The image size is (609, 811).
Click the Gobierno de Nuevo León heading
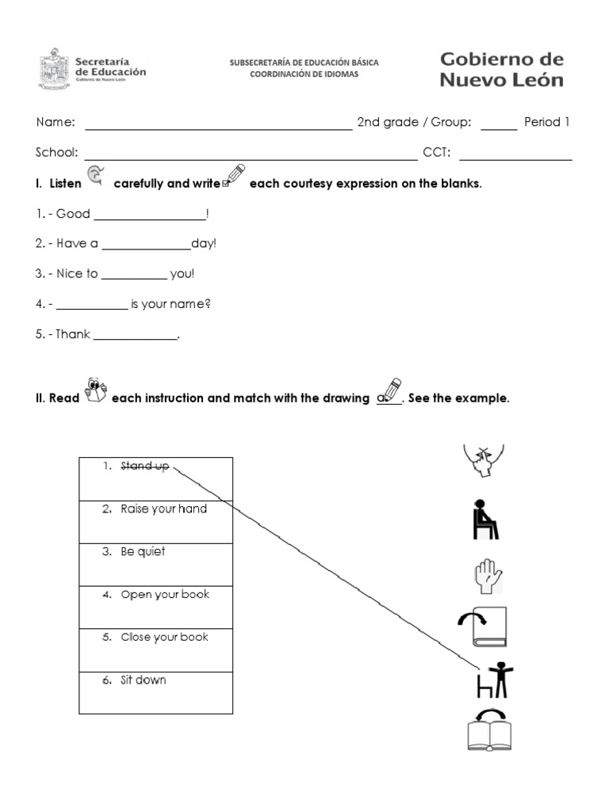pos(501,70)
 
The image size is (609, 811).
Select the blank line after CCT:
pos(515,158)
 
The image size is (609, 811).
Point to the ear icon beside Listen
pos(95,176)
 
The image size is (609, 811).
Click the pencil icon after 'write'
pos(235,175)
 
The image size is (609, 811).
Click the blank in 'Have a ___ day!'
pos(146,249)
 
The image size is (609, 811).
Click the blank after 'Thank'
pos(136,339)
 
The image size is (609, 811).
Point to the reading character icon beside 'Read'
pos(94,390)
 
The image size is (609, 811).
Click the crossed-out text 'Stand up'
pos(144,466)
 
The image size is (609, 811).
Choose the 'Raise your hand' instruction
pos(163,509)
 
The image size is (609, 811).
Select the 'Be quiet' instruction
pos(143,552)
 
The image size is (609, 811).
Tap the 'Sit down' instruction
pos(144,680)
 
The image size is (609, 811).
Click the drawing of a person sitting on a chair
pos(485,520)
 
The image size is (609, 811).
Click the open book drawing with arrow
pos(488,731)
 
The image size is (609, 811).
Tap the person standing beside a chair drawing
pos(494,680)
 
